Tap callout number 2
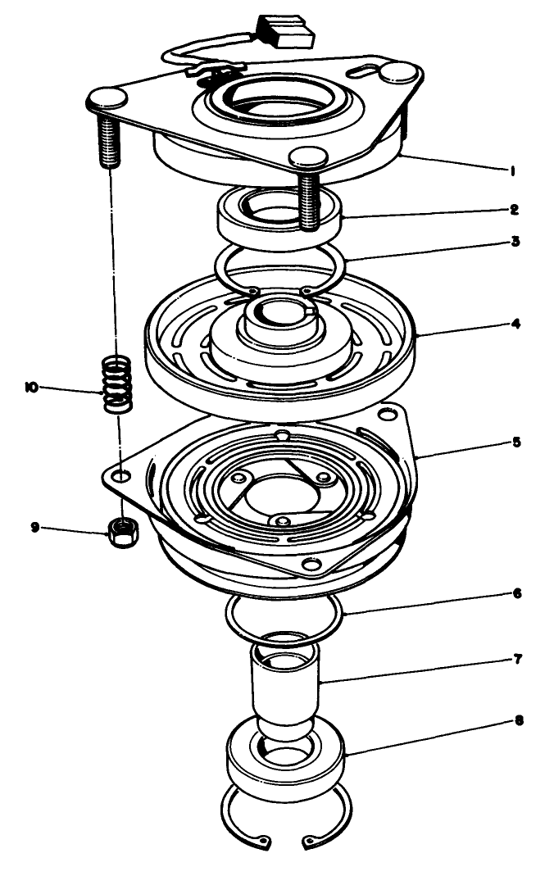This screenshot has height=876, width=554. (513, 210)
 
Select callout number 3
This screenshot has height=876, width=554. (513, 243)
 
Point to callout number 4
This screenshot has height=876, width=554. (513, 324)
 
